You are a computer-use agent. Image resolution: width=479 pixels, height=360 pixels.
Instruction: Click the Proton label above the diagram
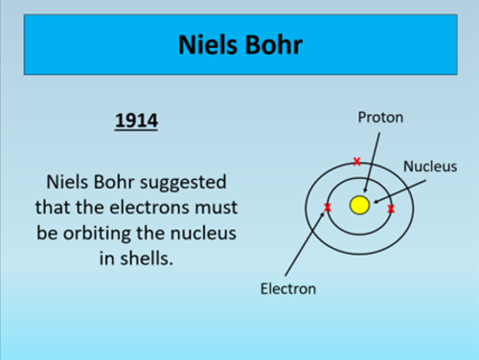pos(380,118)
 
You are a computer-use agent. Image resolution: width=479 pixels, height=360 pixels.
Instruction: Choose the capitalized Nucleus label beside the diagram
pos(429,166)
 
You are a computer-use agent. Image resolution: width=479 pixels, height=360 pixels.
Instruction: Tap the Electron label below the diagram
pos(288,287)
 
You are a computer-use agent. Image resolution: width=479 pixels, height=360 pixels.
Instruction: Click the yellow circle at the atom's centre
pos(359,206)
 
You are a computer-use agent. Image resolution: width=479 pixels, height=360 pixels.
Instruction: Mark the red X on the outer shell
pos(357,160)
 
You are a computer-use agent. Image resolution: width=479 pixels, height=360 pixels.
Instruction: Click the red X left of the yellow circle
pos(328,208)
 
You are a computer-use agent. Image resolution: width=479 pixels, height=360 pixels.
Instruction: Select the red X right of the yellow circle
pos(390,208)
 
